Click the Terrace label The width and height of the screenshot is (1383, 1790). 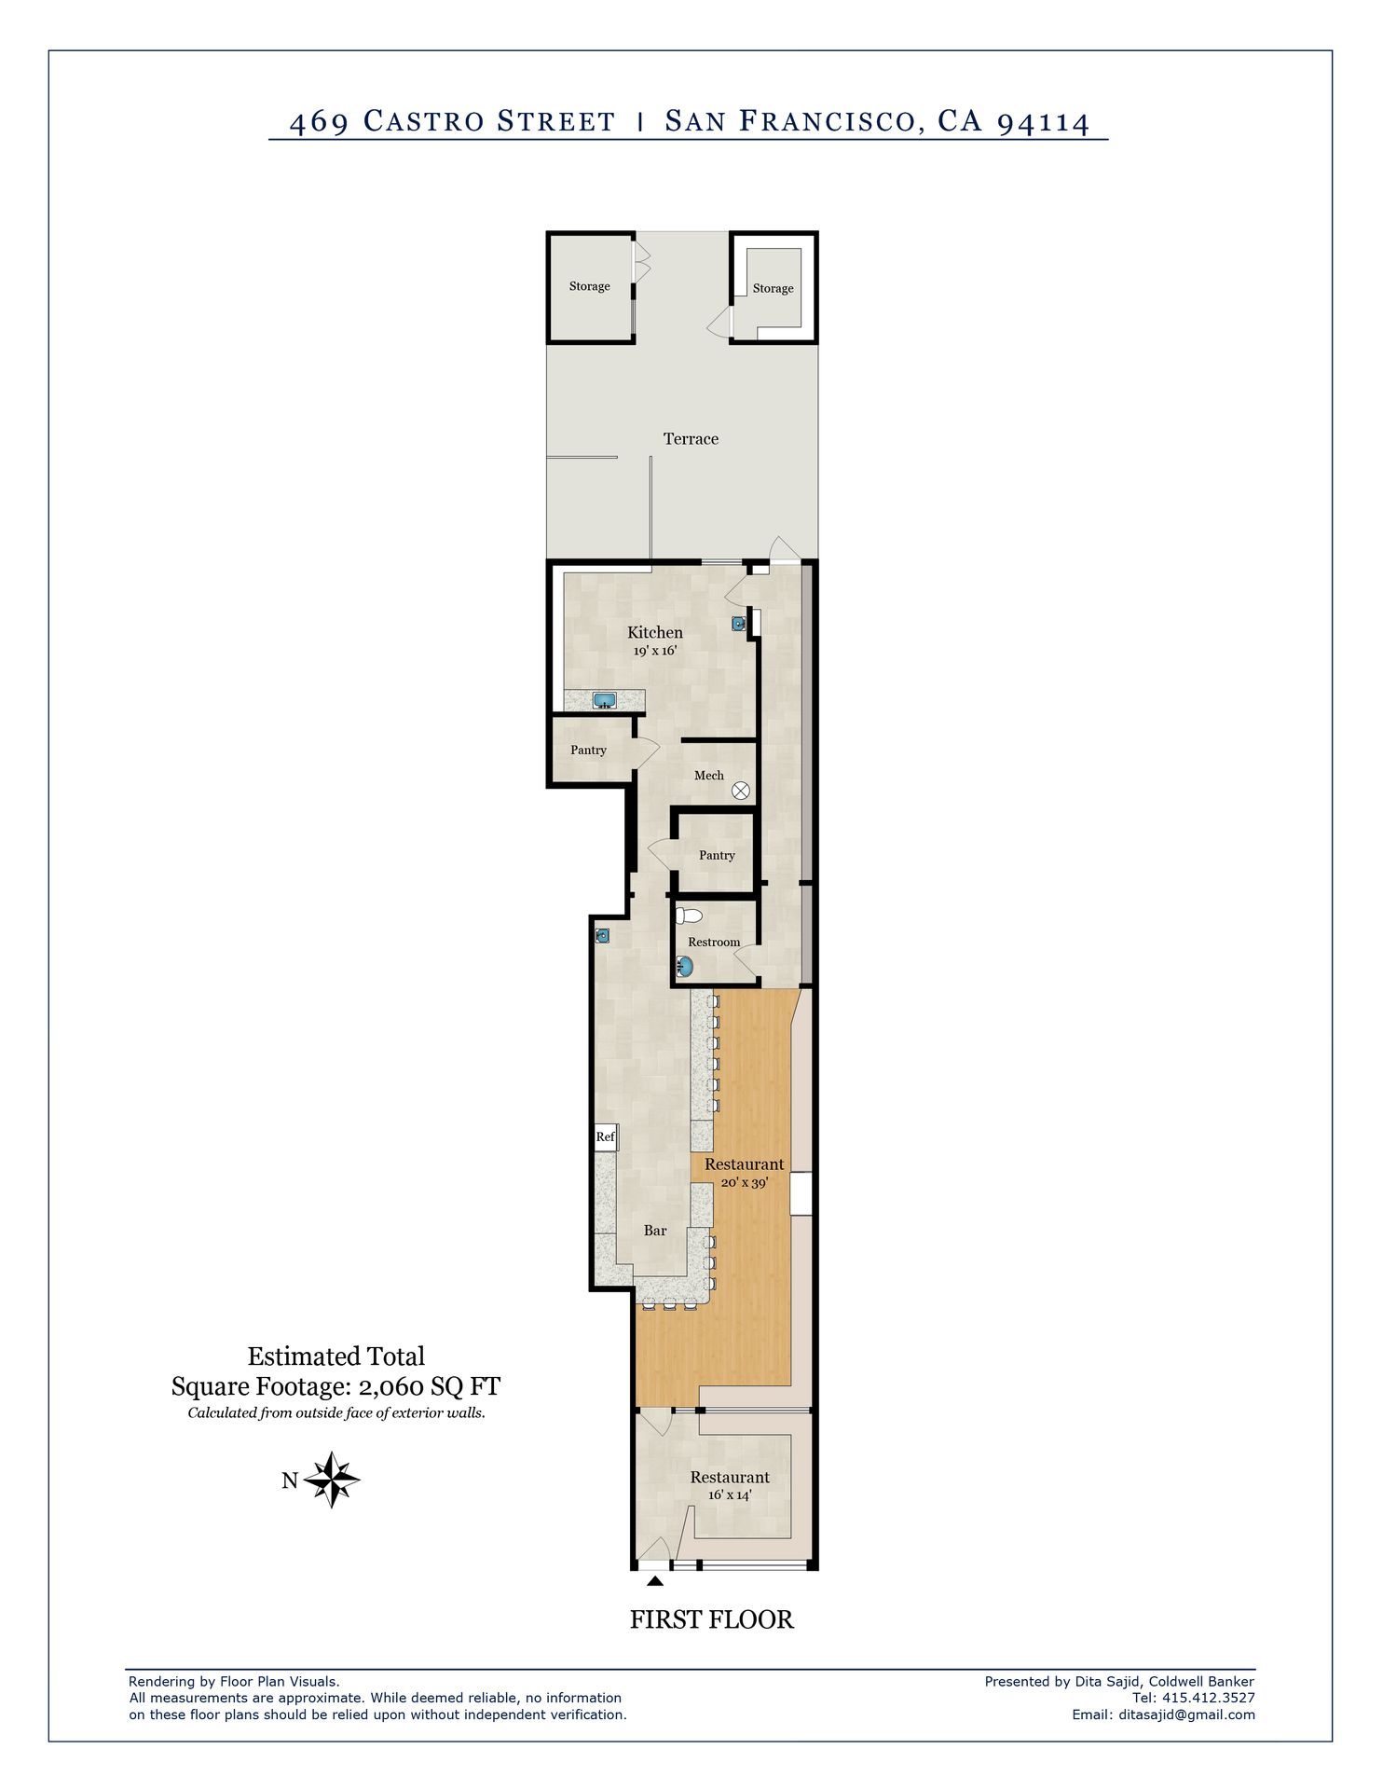pyautogui.click(x=691, y=439)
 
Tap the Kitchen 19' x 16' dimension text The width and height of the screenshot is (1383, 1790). pyautogui.click(x=655, y=651)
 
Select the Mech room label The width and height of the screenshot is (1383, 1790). pyautogui.click(x=708, y=776)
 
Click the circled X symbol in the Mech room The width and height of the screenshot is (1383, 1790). pyautogui.click(x=741, y=791)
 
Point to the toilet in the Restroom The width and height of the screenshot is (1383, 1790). pyautogui.click(x=689, y=916)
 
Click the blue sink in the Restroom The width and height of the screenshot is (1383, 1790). pyautogui.click(x=685, y=968)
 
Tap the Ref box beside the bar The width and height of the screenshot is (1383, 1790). pyautogui.click(x=606, y=1136)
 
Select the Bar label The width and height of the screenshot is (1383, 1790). pyautogui.click(x=655, y=1231)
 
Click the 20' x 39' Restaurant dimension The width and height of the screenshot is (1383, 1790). pyautogui.click(x=745, y=1182)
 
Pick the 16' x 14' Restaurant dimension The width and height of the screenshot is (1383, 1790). pyautogui.click(x=730, y=1494)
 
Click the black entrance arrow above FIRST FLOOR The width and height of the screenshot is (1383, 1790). pyautogui.click(x=655, y=1580)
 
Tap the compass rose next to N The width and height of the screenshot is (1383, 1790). pyautogui.click(x=332, y=1480)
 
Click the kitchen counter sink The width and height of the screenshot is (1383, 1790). pyautogui.click(x=605, y=700)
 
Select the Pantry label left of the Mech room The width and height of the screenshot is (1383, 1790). pyautogui.click(x=588, y=750)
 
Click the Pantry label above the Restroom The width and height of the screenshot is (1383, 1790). pyautogui.click(x=717, y=856)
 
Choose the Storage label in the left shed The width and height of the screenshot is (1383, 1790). pyautogui.click(x=590, y=286)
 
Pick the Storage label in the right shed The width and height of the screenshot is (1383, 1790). pyautogui.click(x=774, y=289)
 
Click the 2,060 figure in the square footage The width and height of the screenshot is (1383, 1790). pyautogui.click(x=391, y=1387)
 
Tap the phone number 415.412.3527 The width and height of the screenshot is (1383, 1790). pyautogui.click(x=1209, y=1698)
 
